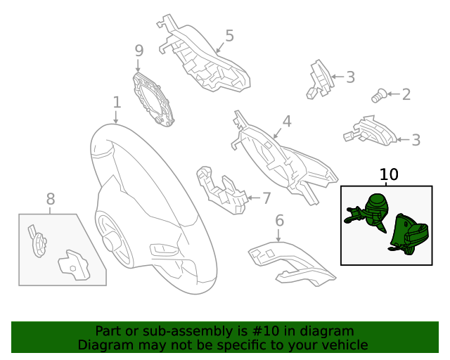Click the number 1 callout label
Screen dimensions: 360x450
(x=117, y=103)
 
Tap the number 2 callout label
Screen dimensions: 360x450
(x=406, y=94)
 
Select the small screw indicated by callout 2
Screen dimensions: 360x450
(x=378, y=95)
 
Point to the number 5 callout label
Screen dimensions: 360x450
(x=229, y=36)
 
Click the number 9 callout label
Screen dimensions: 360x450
(x=139, y=51)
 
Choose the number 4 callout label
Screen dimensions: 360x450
(x=286, y=121)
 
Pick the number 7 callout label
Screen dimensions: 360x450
(x=266, y=198)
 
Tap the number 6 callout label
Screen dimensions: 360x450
(x=279, y=221)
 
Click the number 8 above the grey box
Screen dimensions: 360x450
(x=50, y=200)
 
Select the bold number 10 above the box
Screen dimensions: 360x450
(x=389, y=174)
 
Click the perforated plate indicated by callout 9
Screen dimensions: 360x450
(x=154, y=98)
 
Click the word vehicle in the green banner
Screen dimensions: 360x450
(x=342, y=345)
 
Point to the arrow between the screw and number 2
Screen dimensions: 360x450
(x=392, y=94)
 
